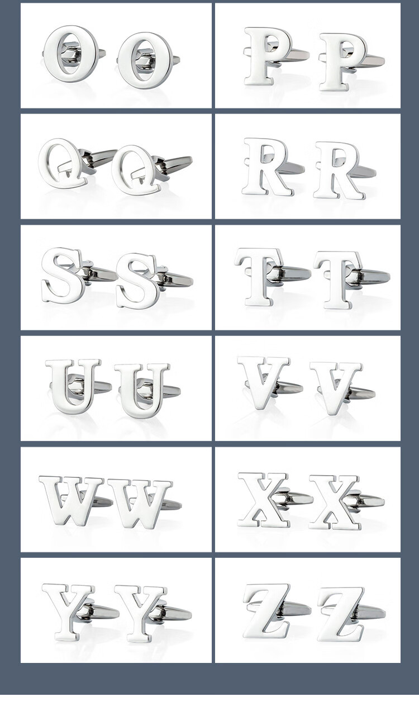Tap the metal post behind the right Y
pyautogui.click(x=172, y=614)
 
